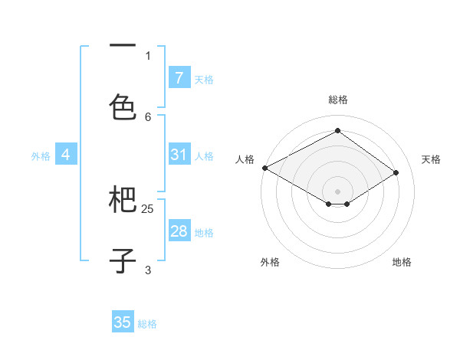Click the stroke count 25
click(x=148, y=208)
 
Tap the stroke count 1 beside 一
click(x=148, y=55)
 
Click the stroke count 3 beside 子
click(x=148, y=270)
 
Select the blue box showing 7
click(x=179, y=78)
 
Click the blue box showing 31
click(x=179, y=155)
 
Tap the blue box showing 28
click(x=179, y=231)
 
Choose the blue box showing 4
click(x=66, y=155)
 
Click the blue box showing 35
click(x=123, y=322)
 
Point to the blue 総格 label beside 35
click(x=147, y=324)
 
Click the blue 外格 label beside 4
click(x=41, y=156)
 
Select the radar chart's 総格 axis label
click(x=338, y=100)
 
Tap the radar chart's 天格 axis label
click(x=432, y=159)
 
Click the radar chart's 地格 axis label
click(x=402, y=262)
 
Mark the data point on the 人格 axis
click(x=264, y=168)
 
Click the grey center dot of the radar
click(x=338, y=191)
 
